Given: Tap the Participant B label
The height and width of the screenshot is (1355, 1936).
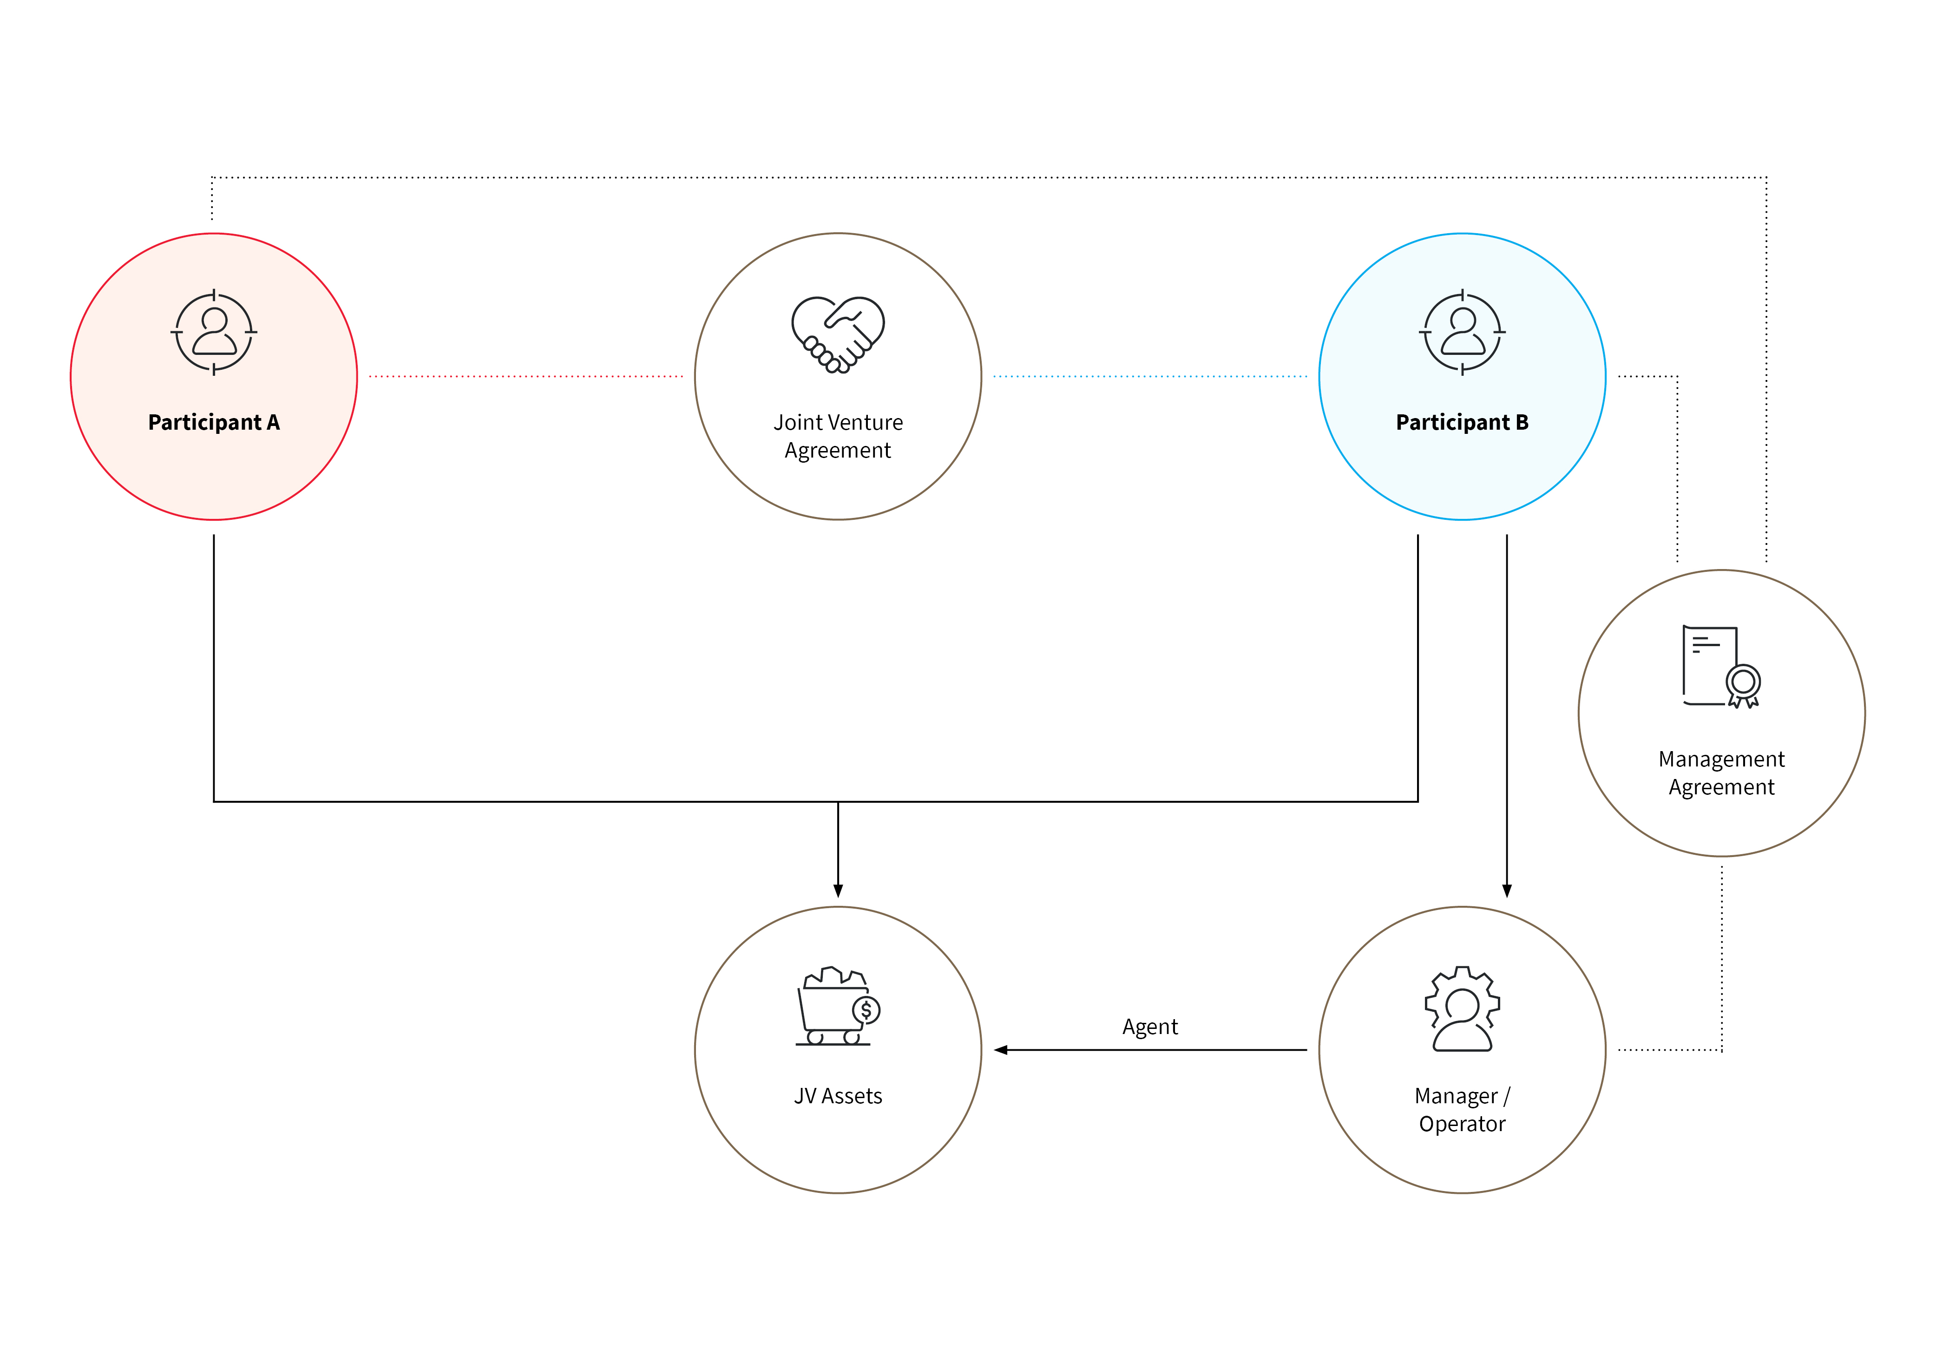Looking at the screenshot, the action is (1462, 422).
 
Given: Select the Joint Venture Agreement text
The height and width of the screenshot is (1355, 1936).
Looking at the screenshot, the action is (838, 436).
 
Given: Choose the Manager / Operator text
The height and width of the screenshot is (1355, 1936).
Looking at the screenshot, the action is (1462, 1110).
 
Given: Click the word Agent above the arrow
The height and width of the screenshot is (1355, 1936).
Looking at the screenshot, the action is (1150, 1027).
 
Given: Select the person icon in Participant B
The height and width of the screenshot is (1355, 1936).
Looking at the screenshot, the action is (1462, 332).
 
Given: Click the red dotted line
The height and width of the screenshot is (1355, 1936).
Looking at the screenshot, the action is (526, 376).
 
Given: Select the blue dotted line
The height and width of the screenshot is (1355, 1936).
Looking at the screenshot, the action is (1150, 376).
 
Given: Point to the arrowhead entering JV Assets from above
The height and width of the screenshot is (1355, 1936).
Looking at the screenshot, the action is (838, 891).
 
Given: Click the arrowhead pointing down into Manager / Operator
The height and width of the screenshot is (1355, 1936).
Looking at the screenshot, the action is (1507, 891).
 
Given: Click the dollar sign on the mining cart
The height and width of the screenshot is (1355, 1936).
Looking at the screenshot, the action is (866, 1009).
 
